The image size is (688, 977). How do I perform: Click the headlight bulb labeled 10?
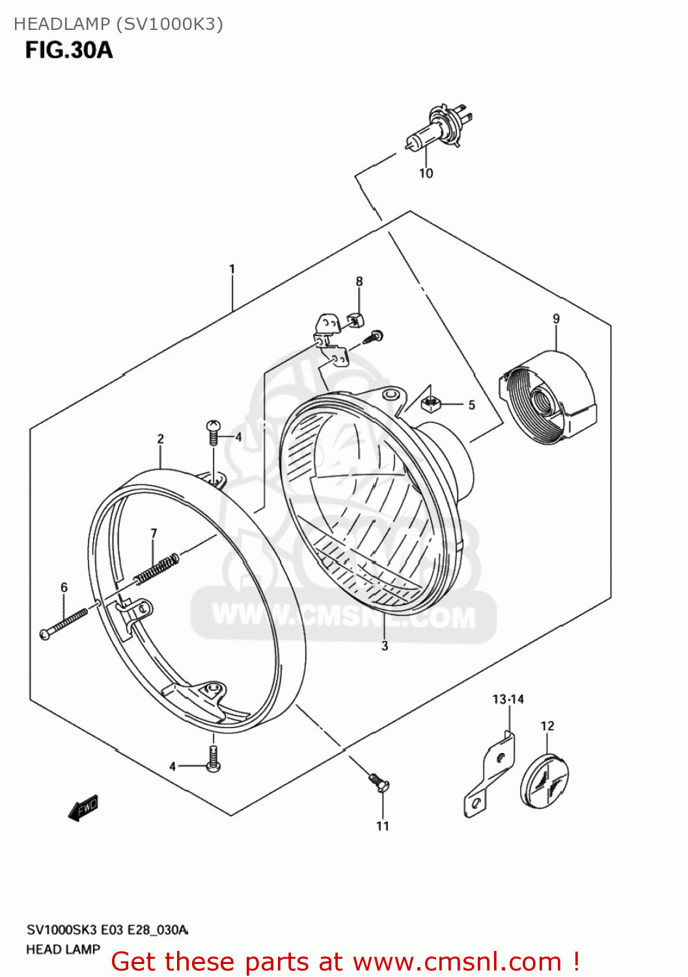click(435, 127)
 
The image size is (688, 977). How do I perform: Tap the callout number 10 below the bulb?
click(426, 173)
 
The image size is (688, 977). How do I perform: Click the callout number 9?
click(556, 319)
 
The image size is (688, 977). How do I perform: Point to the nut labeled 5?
click(430, 404)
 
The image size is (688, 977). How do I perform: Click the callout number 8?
click(359, 281)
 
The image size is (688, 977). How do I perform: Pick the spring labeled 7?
click(157, 568)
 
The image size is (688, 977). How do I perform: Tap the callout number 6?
click(64, 588)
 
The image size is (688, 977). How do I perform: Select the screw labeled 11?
click(378, 781)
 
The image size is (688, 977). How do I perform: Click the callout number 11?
click(383, 826)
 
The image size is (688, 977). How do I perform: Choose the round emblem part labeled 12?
click(545, 782)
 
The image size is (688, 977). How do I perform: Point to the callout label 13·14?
click(508, 700)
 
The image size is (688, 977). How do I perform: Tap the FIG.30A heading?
click(69, 50)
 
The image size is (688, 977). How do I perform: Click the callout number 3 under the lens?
click(385, 645)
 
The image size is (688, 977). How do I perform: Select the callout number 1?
click(232, 269)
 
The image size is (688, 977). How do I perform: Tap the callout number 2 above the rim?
click(161, 439)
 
